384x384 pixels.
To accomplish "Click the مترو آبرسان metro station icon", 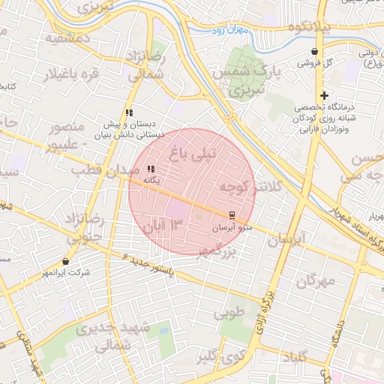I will [x=231, y=215].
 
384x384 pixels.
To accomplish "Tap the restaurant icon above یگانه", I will [x=151, y=169].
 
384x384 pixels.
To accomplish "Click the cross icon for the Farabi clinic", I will [x=324, y=95].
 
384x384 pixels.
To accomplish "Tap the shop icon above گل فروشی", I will [x=313, y=52].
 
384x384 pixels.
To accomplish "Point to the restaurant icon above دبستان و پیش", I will [x=129, y=112].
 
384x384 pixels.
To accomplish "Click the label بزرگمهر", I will [x=217, y=253].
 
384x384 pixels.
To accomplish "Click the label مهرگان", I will [x=315, y=282].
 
